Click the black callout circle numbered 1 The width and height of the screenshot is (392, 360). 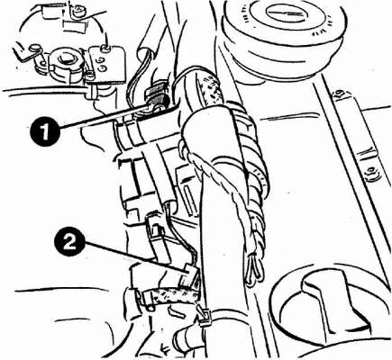coord(44,131)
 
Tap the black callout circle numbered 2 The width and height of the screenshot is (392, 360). coord(69,241)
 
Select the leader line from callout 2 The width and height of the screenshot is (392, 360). coord(134,256)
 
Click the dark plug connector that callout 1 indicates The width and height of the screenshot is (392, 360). coord(156,97)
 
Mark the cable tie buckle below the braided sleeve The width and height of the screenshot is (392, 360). coord(205,317)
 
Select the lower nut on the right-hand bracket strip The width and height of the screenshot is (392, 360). coord(371,173)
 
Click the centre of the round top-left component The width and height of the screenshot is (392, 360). coord(64,60)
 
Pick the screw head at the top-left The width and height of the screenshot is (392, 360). coord(79,11)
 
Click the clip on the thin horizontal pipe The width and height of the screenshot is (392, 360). coord(92,93)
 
